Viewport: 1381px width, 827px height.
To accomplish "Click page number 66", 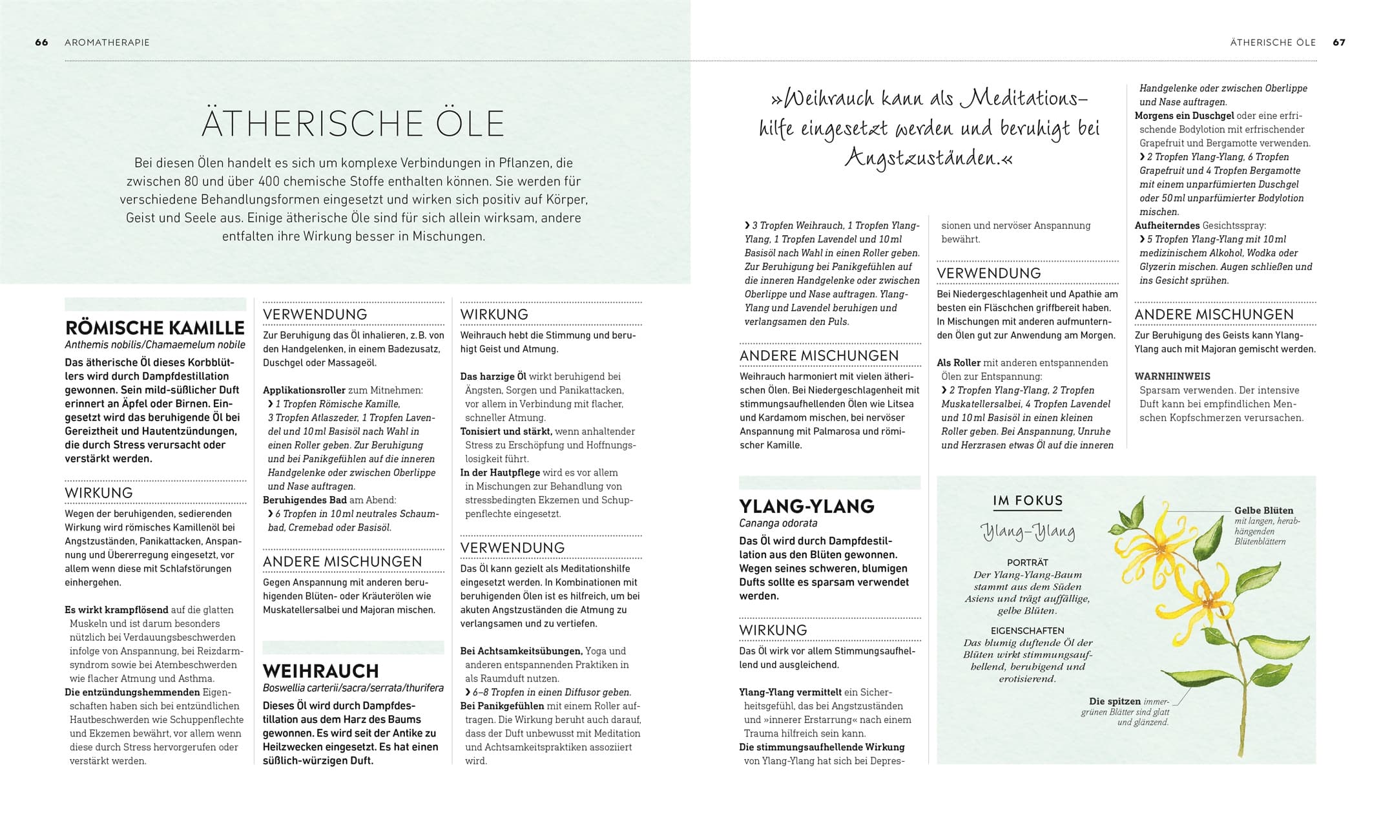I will coord(41,43).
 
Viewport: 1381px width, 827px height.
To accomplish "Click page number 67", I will coord(1339,43).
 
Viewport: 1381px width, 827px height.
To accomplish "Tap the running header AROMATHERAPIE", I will coord(107,43).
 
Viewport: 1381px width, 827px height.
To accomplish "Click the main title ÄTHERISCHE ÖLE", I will coord(353,123).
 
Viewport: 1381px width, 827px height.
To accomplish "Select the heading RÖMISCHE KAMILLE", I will coord(155,328).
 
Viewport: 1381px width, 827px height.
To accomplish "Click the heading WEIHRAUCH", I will coord(320,671).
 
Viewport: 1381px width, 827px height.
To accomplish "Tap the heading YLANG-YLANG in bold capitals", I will coord(807,506).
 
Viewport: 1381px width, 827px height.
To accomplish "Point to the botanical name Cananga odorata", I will coord(778,523).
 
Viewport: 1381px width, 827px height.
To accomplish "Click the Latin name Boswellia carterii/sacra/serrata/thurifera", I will coord(353,688).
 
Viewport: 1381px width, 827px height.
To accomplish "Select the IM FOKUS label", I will coord(1028,501).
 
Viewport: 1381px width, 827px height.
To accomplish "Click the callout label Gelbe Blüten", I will coord(1263,510).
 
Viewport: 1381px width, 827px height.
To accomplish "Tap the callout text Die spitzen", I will coord(1114,701).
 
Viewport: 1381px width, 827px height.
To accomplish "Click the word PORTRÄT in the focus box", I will coord(1027,563).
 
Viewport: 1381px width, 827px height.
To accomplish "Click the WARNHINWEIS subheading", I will coord(1172,376).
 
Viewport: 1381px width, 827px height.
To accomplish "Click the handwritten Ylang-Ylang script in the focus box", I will coord(1028,532).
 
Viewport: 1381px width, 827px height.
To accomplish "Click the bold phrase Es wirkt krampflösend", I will coord(116,610).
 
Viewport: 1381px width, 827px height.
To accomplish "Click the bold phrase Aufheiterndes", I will coord(1167,225).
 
